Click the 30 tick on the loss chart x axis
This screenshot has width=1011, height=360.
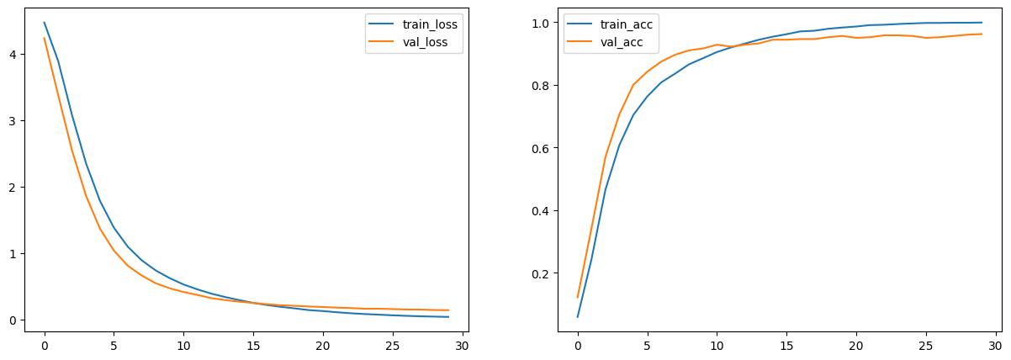tap(463, 345)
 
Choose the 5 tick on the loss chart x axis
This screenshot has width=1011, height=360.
tap(114, 345)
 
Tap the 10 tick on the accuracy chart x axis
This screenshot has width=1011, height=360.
tap(717, 345)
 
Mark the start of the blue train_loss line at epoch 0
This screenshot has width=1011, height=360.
tap(45, 23)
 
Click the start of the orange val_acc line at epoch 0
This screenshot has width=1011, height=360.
tap(578, 297)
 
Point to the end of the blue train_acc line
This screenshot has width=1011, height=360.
tap(982, 23)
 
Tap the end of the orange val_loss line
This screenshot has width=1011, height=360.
tap(448, 310)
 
